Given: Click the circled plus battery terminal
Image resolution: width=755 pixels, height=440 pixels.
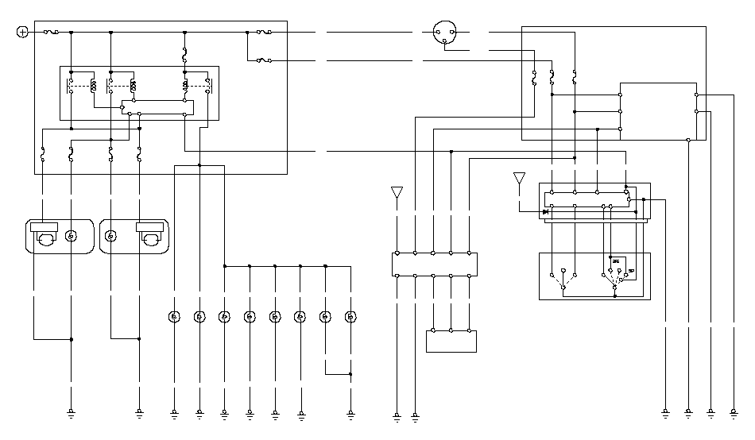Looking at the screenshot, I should click(x=22, y=32).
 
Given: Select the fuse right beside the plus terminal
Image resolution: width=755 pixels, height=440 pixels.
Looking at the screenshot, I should click(x=49, y=32).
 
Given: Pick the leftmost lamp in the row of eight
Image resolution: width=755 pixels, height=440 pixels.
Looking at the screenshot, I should click(x=174, y=317).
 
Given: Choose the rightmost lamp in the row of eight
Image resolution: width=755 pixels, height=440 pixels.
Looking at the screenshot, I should click(x=350, y=317).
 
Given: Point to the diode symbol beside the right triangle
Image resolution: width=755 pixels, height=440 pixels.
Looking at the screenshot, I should click(x=545, y=211).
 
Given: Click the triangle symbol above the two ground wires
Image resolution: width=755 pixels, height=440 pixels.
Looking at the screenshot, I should click(x=397, y=193).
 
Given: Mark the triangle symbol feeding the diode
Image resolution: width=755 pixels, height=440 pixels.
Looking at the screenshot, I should click(x=519, y=178).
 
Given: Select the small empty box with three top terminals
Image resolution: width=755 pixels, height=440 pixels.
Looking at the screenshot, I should click(x=451, y=341).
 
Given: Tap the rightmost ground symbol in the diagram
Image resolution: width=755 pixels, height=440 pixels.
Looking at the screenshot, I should click(x=733, y=412).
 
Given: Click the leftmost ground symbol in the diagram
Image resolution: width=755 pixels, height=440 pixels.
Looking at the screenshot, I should click(x=71, y=412).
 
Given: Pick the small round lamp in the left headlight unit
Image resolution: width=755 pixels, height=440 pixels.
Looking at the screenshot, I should click(x=71, y=236).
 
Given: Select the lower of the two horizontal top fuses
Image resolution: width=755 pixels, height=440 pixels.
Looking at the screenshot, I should click(x=263, y=60).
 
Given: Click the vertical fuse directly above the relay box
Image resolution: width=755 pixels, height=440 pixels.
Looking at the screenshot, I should click(x=185, y=55).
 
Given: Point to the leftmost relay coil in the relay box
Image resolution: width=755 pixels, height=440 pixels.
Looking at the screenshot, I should click(x=94, y=84).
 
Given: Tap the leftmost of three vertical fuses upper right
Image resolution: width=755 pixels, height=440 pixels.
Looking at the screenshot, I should click(x=535, y=79).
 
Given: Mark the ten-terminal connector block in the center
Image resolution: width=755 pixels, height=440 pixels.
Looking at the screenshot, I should click(x=435, y=264).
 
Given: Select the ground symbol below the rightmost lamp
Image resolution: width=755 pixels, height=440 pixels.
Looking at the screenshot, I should click(x=350, y=412).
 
